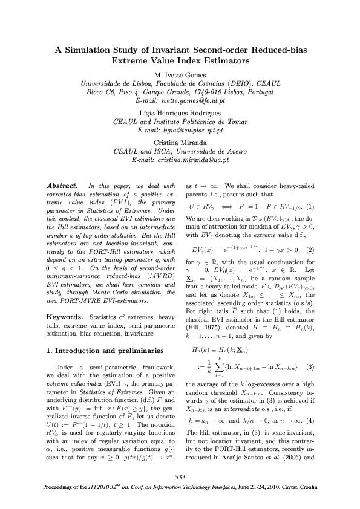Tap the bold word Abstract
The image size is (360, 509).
pyautogui.click(x=62, y=185)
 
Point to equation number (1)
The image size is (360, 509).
pyautogui.click(x=310, y=205)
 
